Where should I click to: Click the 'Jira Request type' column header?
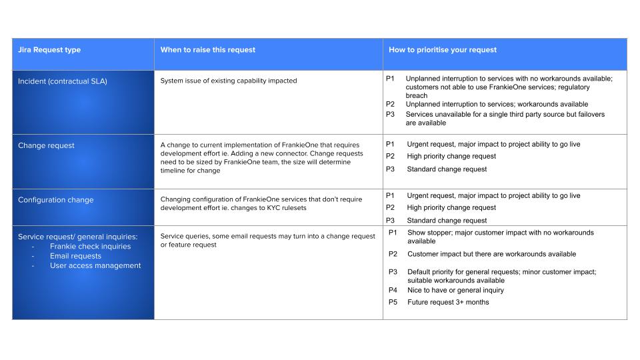(49, 50)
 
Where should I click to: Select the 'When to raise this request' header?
(207, 50)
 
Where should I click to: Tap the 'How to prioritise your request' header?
(443, 50)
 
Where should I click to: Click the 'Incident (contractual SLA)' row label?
(62, 81)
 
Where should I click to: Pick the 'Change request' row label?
(46, 145)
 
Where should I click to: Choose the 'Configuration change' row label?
(55, 200)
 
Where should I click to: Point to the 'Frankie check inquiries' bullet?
(90, 246)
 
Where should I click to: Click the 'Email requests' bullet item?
(75, 256)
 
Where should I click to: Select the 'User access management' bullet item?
(95, 265)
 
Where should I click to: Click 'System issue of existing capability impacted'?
(229, 81)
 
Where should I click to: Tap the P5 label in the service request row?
(393, 302)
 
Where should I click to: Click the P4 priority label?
(393, 290)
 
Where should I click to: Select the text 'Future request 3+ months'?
(448, 302)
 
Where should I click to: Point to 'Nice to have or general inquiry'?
(455, 290)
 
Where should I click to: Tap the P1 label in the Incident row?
(391, 79)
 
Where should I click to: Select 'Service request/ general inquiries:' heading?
(78, 236)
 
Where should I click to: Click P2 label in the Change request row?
(391, 156)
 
